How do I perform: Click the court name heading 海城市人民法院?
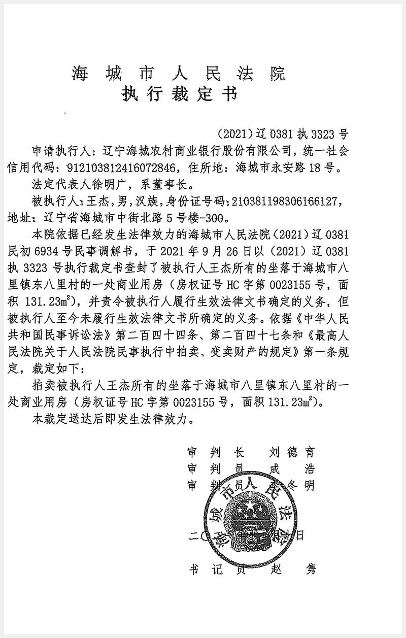pos(178,74)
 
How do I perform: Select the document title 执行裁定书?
pos(179,95)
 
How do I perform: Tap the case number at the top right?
pos(283,135)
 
